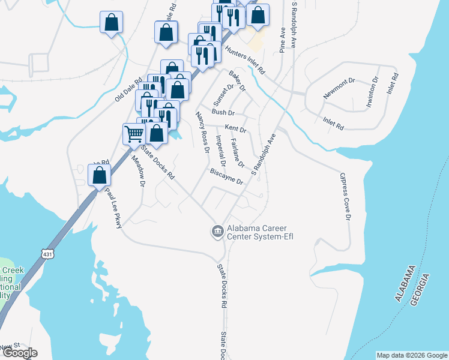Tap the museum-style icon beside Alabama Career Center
click(217, 230)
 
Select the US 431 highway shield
click(48, 254)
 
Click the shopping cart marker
click(133, 133)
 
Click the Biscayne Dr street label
click(226, 176)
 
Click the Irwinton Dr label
click(373, 89)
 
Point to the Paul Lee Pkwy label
click(115, 208)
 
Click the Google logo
click(19, 353)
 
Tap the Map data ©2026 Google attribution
click(412, 355)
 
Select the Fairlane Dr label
click(238, 154)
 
